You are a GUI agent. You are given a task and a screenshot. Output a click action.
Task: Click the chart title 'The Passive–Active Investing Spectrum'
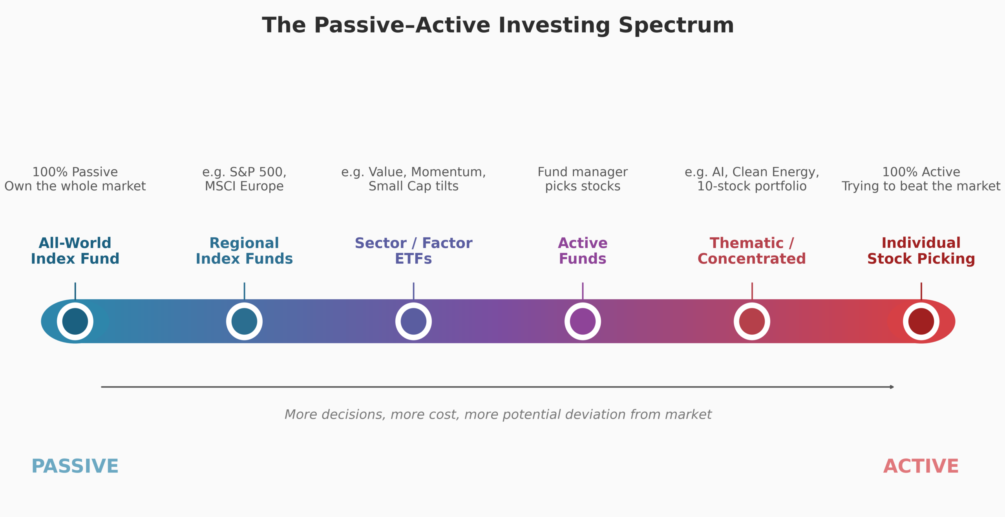498,26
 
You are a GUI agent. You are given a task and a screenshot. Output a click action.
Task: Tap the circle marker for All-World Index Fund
75,321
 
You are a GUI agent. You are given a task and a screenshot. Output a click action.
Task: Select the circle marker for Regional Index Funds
244,321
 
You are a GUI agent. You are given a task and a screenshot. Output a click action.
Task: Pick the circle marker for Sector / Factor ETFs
413,321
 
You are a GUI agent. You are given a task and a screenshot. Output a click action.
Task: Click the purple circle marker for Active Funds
583,321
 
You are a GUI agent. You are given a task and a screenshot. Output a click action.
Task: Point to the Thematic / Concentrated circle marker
752,321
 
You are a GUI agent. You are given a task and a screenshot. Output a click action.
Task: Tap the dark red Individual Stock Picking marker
921,321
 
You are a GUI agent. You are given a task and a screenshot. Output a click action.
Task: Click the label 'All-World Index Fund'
75,251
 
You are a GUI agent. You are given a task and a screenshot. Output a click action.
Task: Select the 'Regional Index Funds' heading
244,251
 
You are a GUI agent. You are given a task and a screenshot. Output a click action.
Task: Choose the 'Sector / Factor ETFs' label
413,251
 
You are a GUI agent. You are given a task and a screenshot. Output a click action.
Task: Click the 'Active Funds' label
583,251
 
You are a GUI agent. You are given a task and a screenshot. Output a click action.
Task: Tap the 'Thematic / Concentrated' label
752,251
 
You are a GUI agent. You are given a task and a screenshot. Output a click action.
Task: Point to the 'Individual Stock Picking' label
921,251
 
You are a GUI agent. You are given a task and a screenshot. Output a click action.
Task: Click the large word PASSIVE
75,466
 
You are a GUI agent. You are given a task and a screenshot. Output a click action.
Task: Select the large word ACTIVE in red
921,466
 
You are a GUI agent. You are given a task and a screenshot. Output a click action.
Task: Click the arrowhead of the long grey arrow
892,387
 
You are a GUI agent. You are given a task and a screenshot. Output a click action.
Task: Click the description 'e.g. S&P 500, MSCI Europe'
244,179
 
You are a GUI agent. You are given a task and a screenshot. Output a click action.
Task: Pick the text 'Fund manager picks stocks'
583,179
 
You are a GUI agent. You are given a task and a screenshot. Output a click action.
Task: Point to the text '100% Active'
921,172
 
